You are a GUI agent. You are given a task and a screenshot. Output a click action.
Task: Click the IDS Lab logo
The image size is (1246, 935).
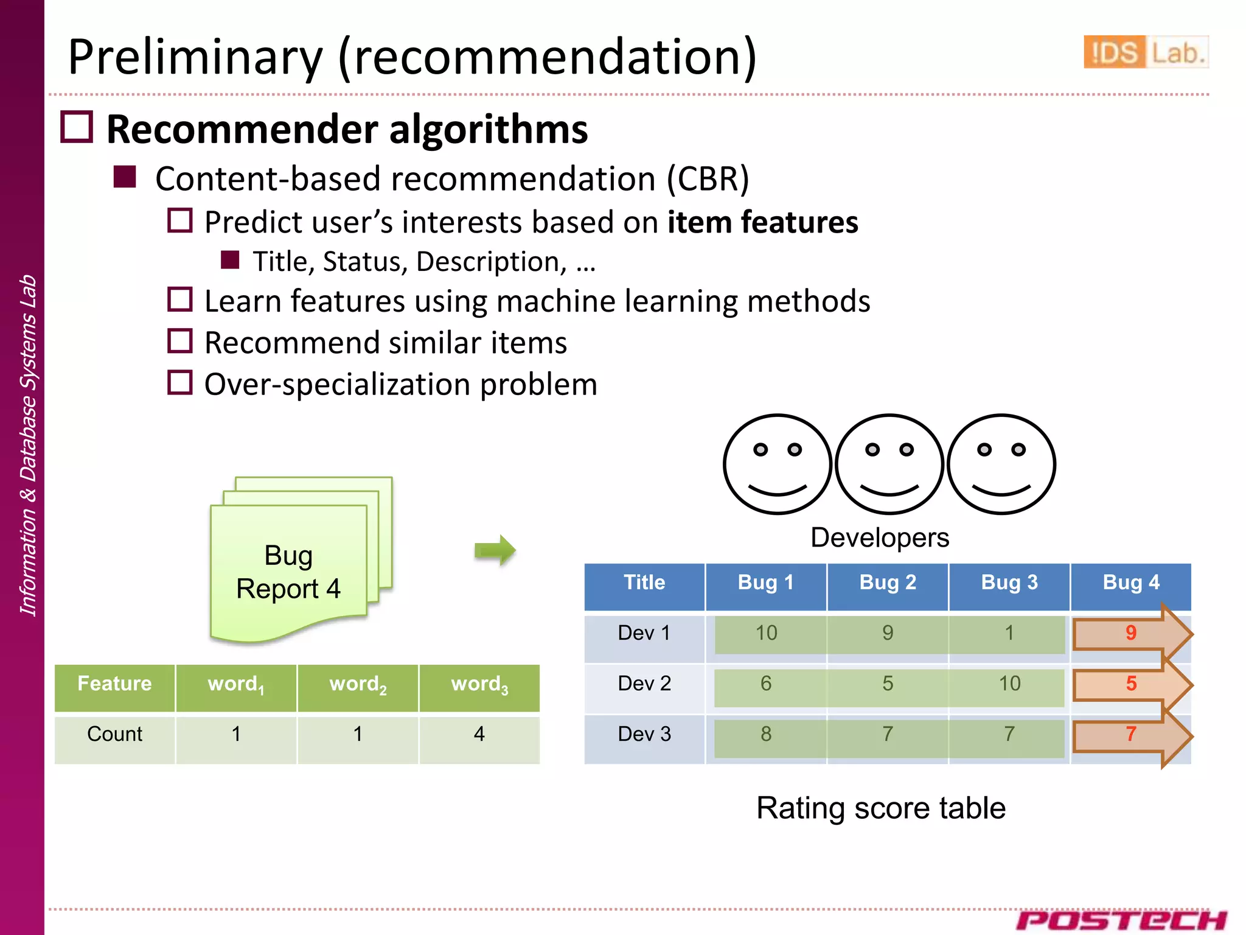[x=1145, y=52]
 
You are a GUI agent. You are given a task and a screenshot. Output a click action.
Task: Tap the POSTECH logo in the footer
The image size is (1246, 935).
[x=1121, y=920]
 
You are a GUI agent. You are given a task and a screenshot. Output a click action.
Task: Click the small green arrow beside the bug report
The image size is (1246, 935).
[x=495, y=550]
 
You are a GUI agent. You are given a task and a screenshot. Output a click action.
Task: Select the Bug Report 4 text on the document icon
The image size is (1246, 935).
[x=288, y=572]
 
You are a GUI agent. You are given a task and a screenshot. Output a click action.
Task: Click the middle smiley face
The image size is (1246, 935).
[x=889, y=464]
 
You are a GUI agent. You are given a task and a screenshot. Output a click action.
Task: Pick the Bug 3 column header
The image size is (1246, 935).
[x=1009, y=583]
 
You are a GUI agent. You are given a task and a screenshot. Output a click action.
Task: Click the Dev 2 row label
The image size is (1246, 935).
[x=644, y=684]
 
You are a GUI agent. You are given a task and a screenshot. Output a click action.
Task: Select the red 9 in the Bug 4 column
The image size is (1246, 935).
[x=1130, y=633]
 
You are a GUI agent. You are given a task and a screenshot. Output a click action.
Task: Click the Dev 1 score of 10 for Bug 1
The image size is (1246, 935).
[x=766, y=633]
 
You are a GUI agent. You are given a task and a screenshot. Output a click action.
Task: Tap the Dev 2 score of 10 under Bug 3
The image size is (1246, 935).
[x=1009, y=684]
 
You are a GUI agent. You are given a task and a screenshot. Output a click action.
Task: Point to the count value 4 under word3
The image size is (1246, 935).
[x=479, y=734]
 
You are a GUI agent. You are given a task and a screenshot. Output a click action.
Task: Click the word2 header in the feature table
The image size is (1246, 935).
[x=358, y=684]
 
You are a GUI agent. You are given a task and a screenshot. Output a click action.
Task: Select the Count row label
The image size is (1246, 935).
[x=114, y=734]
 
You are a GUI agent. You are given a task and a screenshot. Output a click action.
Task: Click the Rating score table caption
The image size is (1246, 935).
[x=880, y=808]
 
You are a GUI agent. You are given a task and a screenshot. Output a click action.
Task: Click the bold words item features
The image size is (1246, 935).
[x=762, y=222]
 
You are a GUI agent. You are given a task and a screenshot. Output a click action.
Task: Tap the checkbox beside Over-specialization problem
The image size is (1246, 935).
[x=180, y=383]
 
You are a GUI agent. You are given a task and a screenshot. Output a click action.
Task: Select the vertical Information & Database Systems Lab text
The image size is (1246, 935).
[x=28, y=444]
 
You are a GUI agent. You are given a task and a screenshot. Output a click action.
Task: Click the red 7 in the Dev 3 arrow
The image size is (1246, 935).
[x=1130, y=734]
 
